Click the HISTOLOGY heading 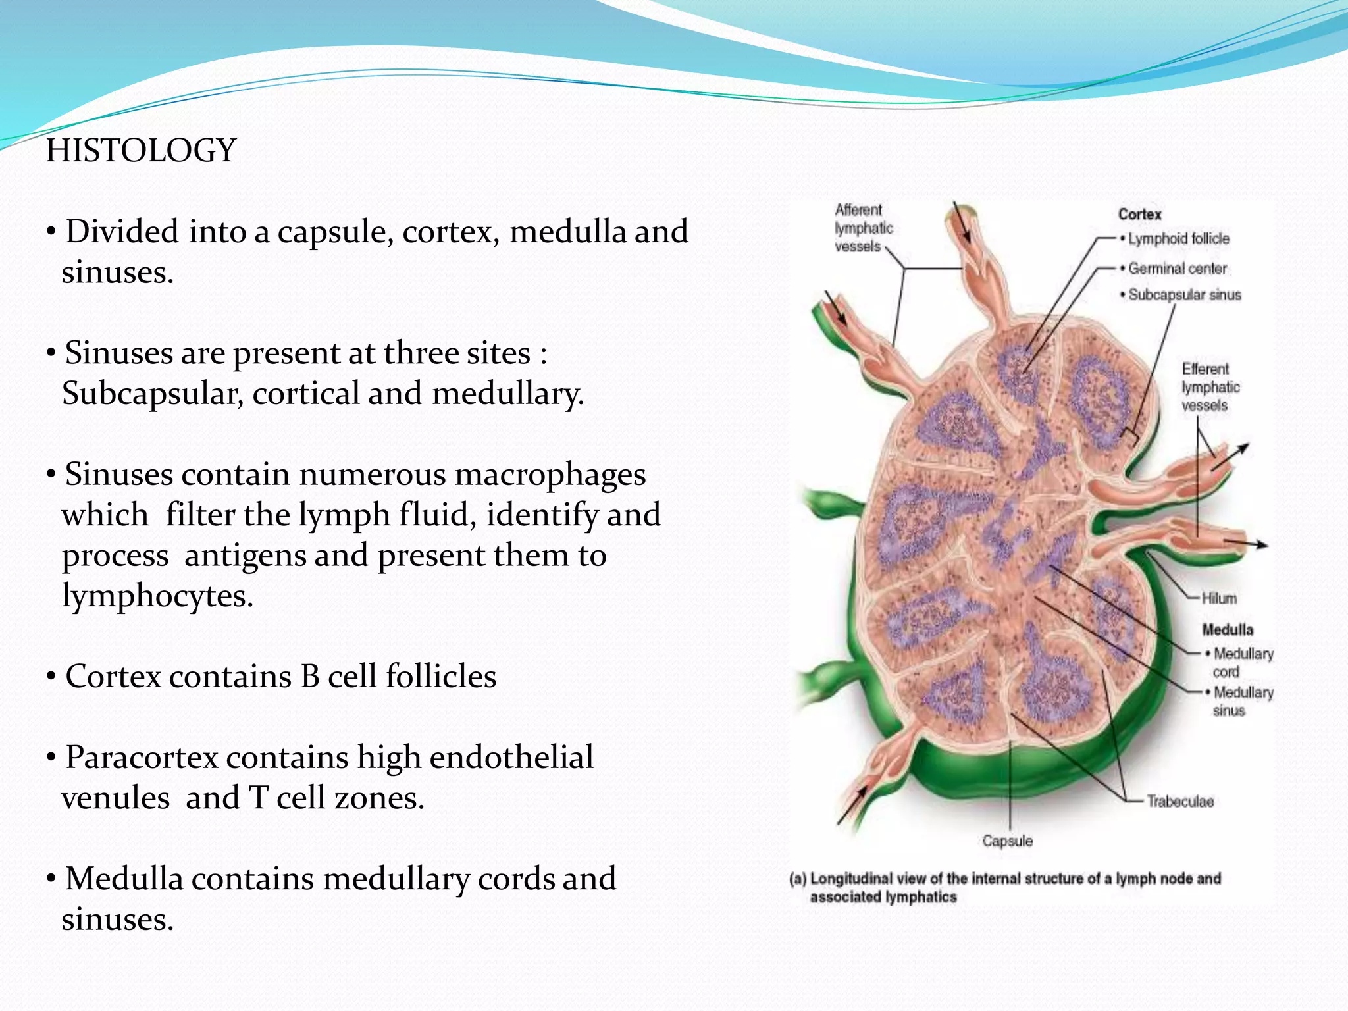141,150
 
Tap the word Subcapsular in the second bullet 151,394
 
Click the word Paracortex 142,758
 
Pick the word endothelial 511,758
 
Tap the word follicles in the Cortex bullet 440,677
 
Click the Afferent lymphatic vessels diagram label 864,228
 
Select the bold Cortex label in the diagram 1139,214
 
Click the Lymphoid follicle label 1178,238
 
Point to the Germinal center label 1177,269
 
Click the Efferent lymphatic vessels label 1210,387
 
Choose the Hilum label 1219,598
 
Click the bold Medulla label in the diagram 1227,630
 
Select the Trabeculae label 1179,801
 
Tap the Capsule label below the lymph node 1007,841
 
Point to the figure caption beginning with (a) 1005,887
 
